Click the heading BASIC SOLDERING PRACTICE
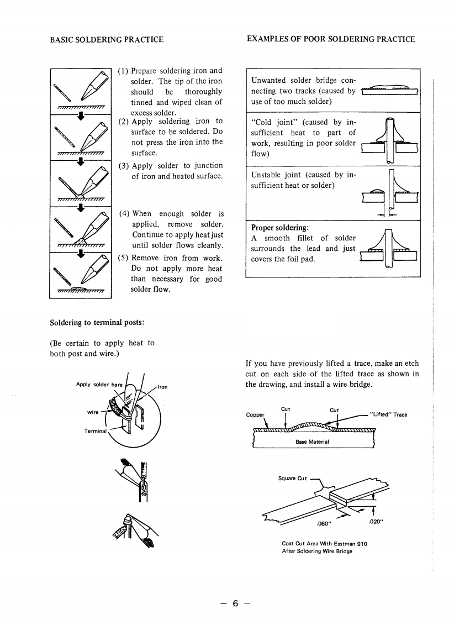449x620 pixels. click(107, 39)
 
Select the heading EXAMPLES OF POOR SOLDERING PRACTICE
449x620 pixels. click(330, 39)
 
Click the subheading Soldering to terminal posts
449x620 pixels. click(98, 322)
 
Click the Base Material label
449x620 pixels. click(313, 442)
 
